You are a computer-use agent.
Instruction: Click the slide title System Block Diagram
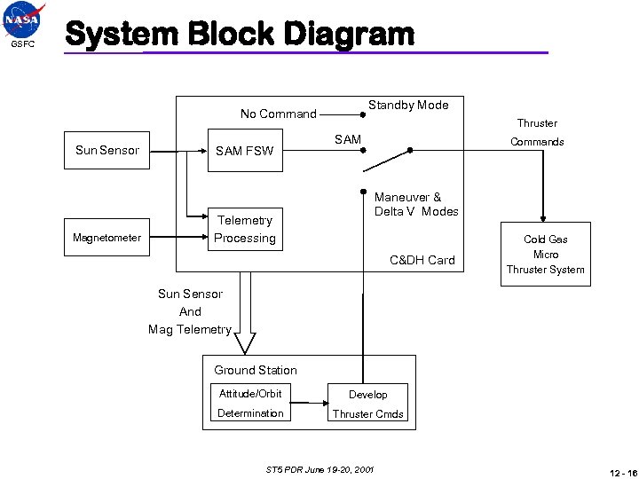click(x=240, y=35)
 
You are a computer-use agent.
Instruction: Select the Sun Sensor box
click(x=107, y=150)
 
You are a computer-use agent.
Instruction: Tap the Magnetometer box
click(x=107, y=238)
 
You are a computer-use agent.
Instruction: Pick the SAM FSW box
click(x=245, y=151)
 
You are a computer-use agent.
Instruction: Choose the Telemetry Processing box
click(x=245, y=229)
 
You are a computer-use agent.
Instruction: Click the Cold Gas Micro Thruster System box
click(x=545, y=254)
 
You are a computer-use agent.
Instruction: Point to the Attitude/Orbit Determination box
click(x=250, y=404)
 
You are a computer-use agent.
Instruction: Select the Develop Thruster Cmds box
click(x=367, y=404)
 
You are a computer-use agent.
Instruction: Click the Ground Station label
click(x=256, y=370)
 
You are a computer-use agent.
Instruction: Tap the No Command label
click(x=279, y=114)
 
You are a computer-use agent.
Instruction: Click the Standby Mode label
click(x=408, y=105)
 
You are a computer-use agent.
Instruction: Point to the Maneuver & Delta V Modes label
click(x=416, y=204)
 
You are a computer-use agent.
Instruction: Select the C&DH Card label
click(x=422, y=260)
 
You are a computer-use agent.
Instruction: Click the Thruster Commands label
click(x=537, y=132)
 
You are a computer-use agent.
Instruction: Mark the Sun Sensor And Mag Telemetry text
click(x=190, y=311)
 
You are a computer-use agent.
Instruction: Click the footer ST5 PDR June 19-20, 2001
click(x=319, y=468)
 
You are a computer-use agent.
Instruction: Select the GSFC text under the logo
click(x=22, y=44)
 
